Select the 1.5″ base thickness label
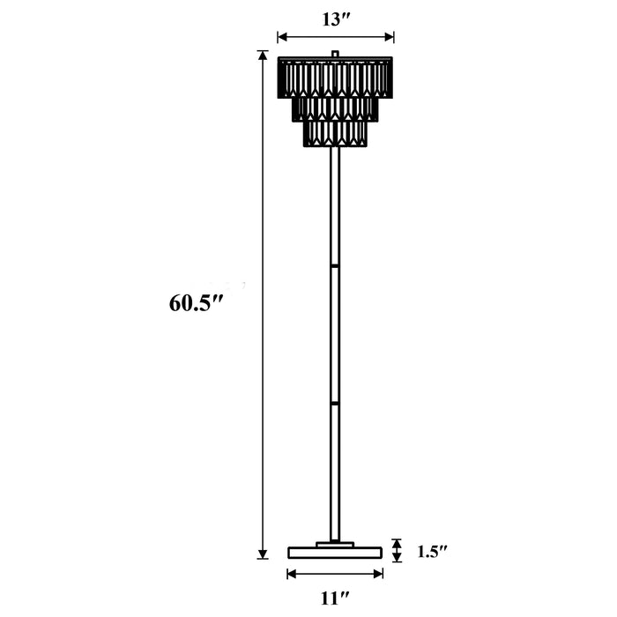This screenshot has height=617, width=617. (x=432, y=552)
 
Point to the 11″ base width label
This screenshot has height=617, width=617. (x=334, y=598)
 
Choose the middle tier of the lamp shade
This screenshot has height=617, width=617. (x=335, y=108)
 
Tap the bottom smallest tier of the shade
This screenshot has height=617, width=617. (x=335, y=133)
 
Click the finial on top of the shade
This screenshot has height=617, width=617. (x=335, y=55)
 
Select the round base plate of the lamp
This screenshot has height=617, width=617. (x=335, y=553)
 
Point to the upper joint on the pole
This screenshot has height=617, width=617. (x=335, y=264)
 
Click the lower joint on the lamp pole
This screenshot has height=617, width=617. (x=335, y=403)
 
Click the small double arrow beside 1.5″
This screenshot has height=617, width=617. (x=397, y=551)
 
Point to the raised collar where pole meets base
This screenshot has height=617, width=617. (x=335, y=544)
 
